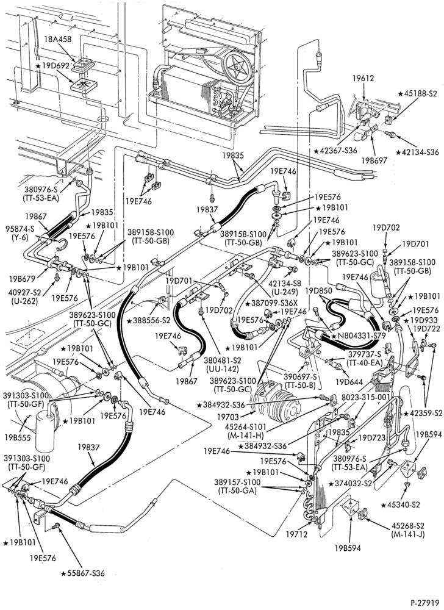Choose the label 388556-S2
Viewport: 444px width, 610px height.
pyautogui.click(x=149, y=321)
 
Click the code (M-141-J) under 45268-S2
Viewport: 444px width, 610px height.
pyautogui.click(x=408, y=534)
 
